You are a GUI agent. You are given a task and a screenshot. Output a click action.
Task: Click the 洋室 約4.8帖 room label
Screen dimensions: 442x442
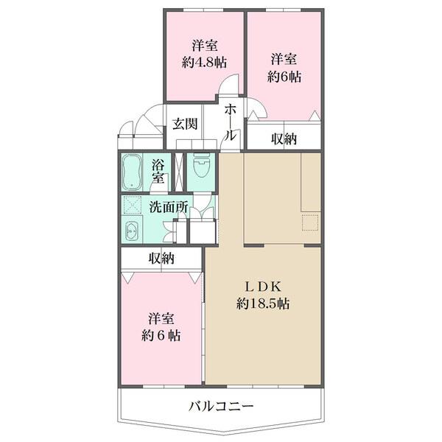(203, 52)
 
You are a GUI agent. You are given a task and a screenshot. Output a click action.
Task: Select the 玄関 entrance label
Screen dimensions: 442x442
(185, 124)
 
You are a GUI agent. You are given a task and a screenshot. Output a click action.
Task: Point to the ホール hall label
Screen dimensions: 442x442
(231, 122)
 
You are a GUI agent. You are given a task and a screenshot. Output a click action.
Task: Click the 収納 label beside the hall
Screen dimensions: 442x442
(283, 138)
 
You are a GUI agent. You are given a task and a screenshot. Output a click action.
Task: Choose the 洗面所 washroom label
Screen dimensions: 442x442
(169, 207)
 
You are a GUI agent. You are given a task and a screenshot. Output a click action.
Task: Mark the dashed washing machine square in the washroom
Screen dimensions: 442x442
(133, 206)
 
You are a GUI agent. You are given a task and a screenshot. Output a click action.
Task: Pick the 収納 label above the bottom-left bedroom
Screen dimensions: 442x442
(161, 258)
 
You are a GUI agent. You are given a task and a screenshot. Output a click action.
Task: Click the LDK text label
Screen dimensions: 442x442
(263, 287)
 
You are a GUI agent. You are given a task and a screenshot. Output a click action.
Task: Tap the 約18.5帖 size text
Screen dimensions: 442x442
(263, 303)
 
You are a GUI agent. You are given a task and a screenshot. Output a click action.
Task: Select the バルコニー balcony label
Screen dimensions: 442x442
(221, 405)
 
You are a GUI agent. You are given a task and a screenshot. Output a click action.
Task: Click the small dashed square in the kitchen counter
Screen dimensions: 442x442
(309, 222)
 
